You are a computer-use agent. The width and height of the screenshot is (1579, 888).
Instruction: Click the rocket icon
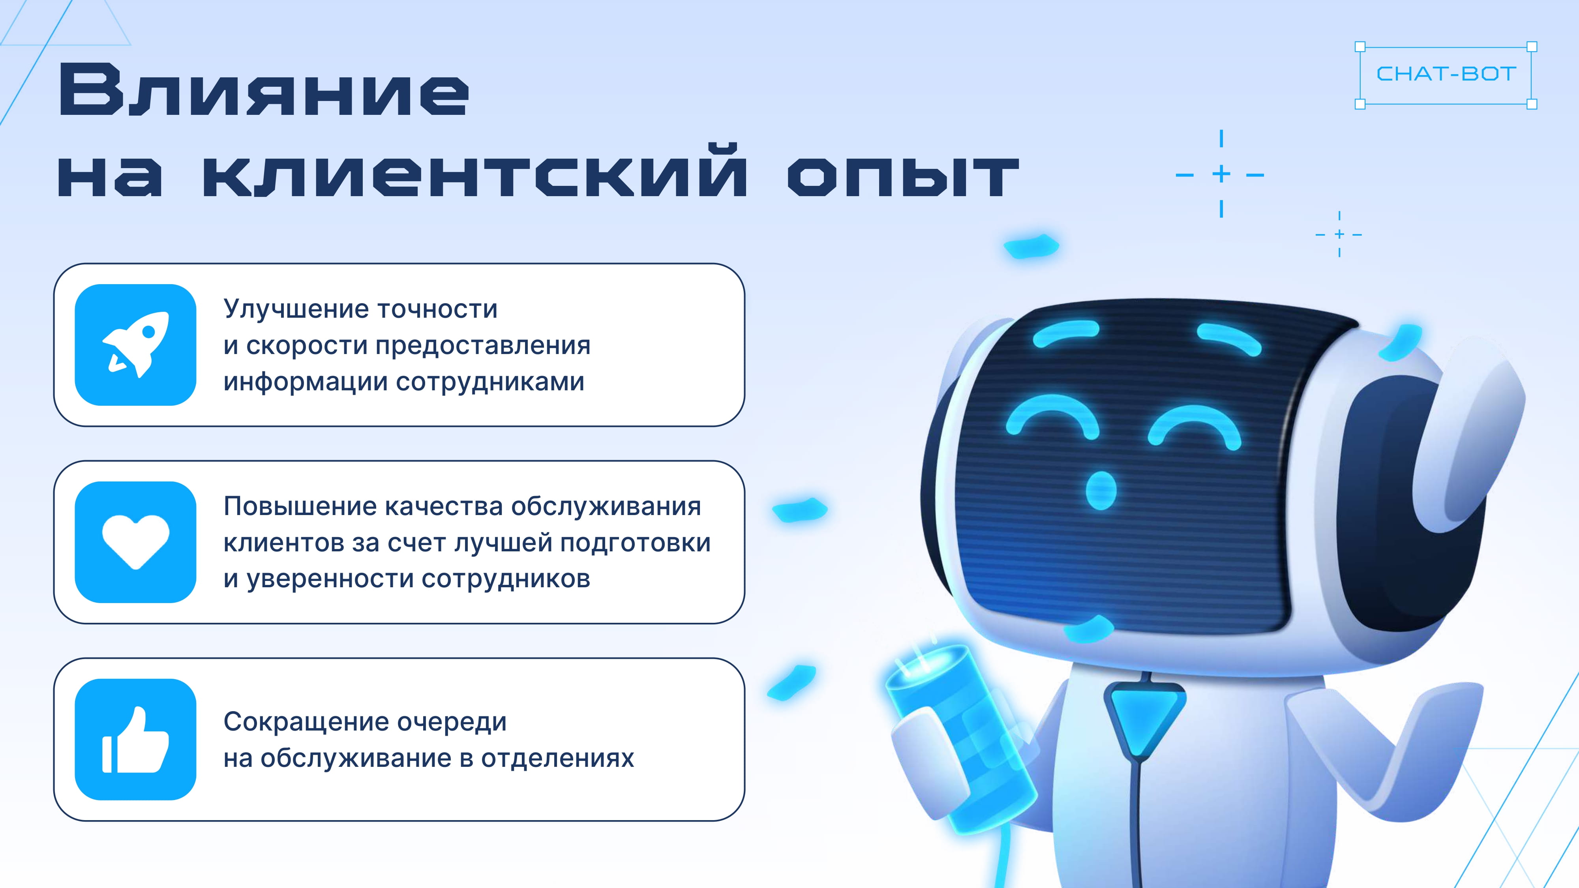135,345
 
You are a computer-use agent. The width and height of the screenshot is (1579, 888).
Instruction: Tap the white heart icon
135,542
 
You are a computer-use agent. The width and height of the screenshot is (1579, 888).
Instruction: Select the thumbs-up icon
135,739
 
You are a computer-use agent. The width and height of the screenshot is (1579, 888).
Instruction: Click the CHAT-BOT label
1446,74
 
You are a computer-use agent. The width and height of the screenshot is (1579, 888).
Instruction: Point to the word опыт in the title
903,176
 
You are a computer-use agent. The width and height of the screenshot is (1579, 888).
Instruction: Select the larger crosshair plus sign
1221,174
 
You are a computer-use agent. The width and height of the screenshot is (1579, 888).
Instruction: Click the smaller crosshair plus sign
1339,234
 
